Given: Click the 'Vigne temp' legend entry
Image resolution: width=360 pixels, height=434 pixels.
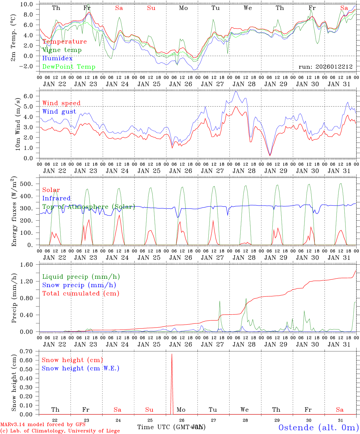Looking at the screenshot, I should pos(62,50).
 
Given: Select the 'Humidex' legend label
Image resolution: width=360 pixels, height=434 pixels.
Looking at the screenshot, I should pos(57,58).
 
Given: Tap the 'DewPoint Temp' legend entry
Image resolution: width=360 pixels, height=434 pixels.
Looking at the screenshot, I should pos(69,67).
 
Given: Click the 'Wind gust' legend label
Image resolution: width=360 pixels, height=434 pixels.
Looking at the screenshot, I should pos(59,112).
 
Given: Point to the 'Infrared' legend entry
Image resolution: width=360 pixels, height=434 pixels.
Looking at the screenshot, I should pos(56,198).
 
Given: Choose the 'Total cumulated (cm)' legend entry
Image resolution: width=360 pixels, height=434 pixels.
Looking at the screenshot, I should pos(81,294).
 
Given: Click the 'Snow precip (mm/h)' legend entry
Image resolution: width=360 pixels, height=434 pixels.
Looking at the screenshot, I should pos(79,285).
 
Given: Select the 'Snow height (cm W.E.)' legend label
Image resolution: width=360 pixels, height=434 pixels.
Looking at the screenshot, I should pos(81,368).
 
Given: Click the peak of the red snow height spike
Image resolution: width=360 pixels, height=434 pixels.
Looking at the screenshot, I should pos(172,354).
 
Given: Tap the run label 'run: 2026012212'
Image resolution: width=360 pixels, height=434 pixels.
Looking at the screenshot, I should pos(325,67).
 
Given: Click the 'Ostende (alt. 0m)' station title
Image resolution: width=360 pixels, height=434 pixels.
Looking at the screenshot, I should pos(319,427).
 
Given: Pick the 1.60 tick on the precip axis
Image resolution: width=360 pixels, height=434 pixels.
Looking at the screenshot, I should pos(30,265).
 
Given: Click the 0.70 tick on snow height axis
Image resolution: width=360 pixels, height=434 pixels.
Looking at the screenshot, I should pos(30,351).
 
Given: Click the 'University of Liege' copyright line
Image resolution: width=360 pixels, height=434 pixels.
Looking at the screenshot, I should pos(60,431).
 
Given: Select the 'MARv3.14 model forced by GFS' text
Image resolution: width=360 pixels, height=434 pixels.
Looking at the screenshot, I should pos(43,425).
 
